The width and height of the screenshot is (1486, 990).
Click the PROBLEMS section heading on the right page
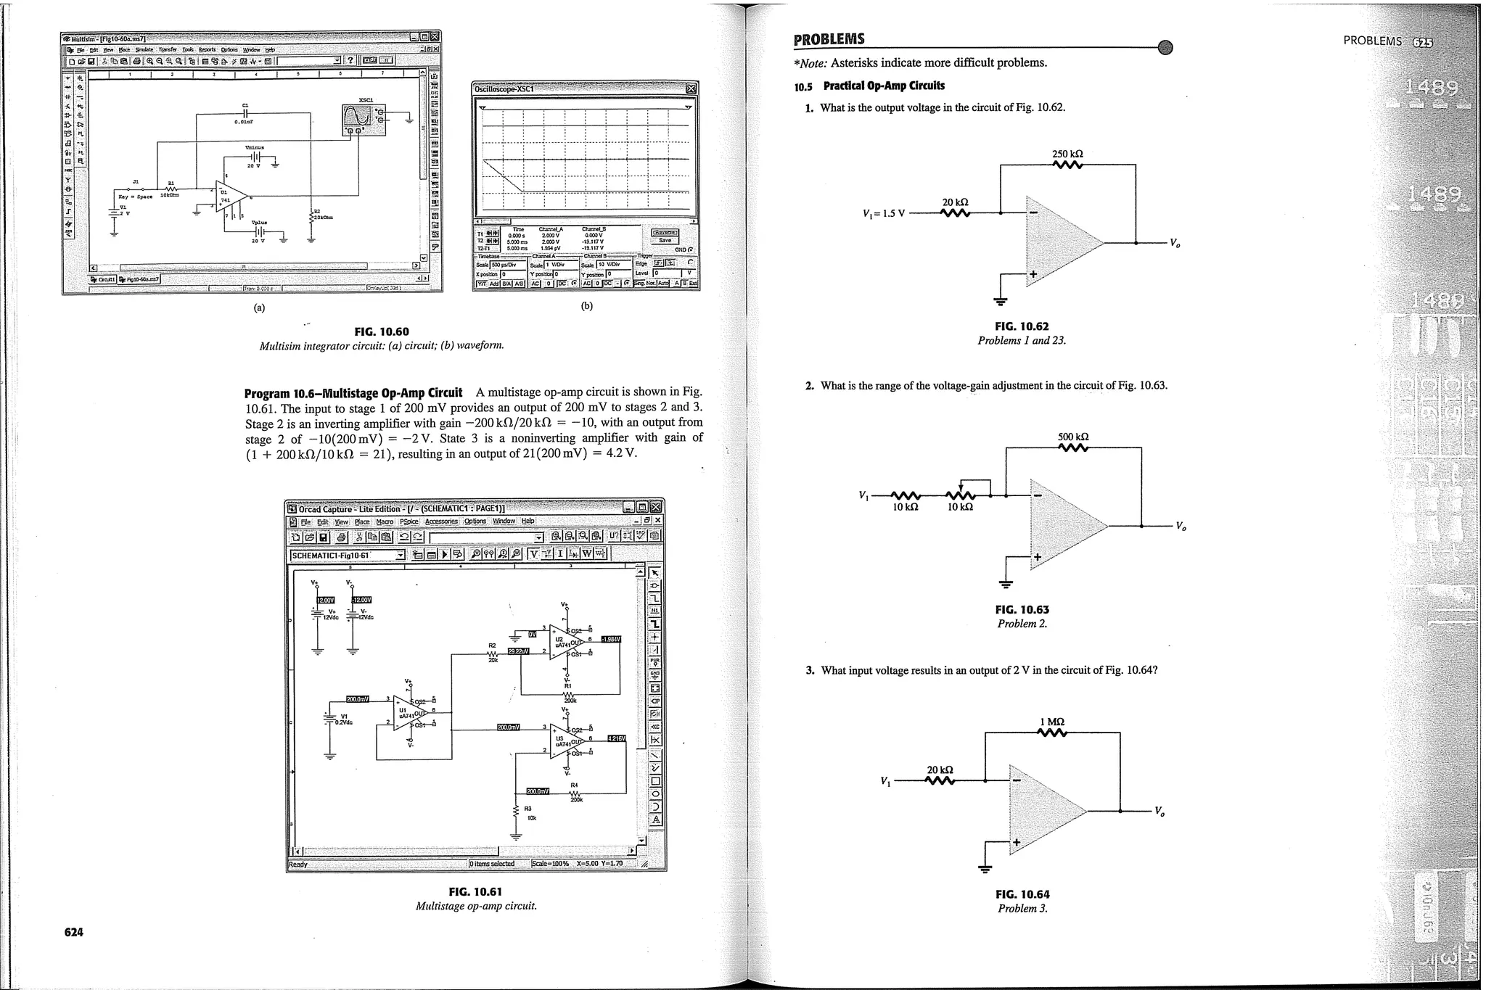(x=829, y=39)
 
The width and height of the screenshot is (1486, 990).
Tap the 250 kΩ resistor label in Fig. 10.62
(x=1067, y=154)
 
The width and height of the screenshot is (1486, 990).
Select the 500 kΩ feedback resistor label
(x=1073, y=437)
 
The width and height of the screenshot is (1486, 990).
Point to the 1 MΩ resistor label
(x=1052, y=722)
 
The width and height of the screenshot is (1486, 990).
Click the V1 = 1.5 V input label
(x=884, y=214)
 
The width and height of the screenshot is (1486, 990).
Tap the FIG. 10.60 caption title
(x=381, y=331)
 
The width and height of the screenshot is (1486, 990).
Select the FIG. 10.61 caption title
(x=475, y=891)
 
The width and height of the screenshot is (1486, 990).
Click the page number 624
(x=73, y=932)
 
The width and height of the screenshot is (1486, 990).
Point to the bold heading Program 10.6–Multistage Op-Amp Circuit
(x=353, y=394)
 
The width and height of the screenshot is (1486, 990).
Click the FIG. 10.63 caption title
(x=1022, y=610)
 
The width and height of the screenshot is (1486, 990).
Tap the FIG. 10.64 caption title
(x=1022, y=894)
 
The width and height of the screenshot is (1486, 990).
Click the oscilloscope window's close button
(x=691, y=88)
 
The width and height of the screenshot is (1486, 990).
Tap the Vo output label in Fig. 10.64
(x=1159, y=811)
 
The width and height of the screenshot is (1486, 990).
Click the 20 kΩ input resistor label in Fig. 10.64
(x=940, y=770)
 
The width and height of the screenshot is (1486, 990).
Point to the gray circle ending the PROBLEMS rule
(x=1165, y=47)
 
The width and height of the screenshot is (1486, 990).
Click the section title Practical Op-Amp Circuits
(x=884, y=86)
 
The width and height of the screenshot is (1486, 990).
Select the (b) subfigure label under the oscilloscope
(x=586, y=305)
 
